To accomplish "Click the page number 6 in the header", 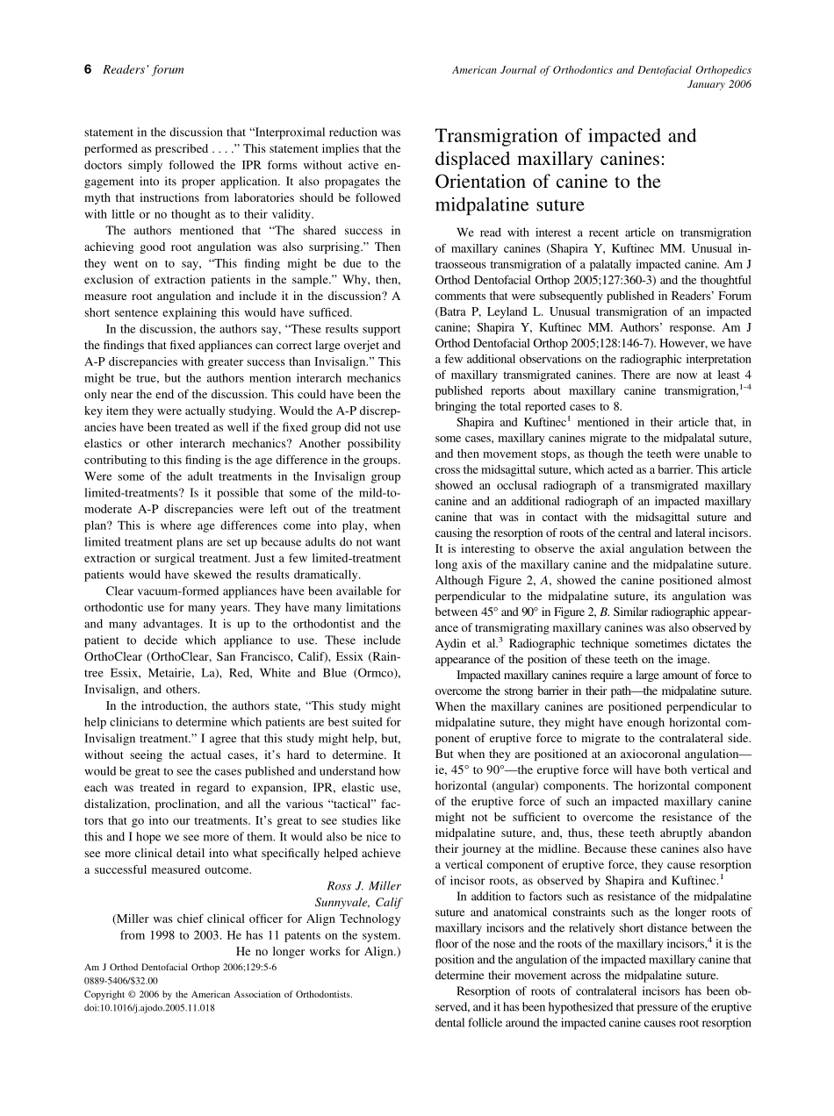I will pos(88,70).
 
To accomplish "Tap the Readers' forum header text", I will pos(144,70).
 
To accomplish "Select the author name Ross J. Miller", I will pos(363,885).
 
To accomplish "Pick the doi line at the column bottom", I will pos(150,1008).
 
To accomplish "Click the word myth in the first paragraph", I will pos(101,198).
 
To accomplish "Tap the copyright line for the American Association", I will pos(218,995).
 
